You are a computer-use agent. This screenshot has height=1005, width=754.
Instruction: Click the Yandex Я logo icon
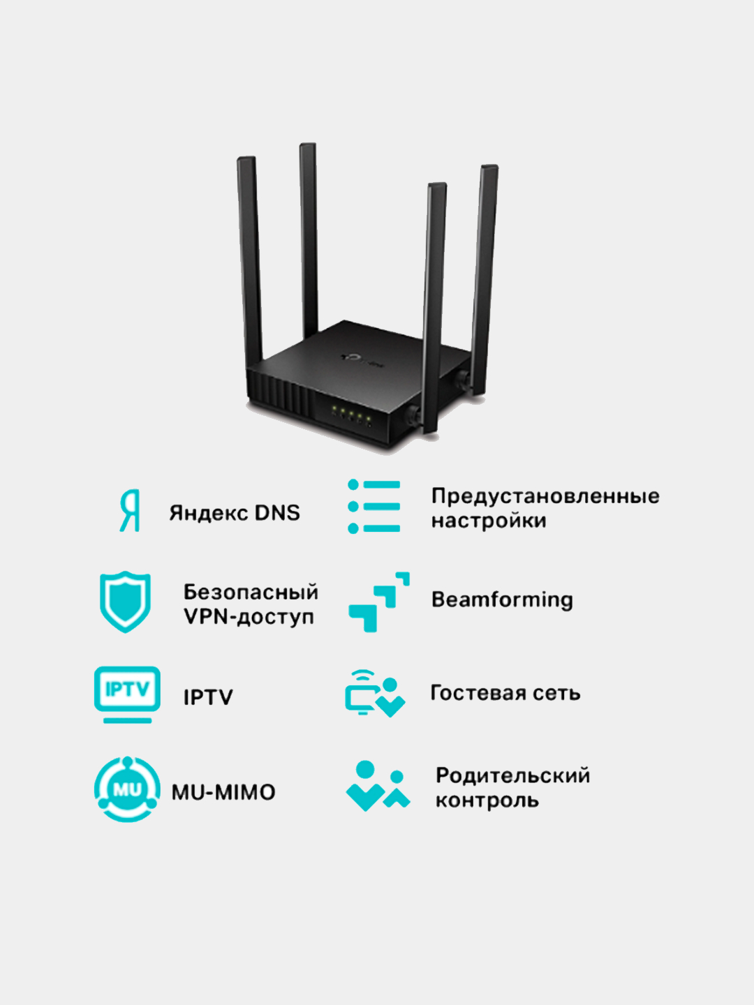(x=130, y=511)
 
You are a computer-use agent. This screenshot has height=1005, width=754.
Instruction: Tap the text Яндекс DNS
(x=235, y=513)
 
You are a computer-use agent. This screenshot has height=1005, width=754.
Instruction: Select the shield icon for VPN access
(x=125, y=602)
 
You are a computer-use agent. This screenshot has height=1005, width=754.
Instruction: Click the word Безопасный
(x=251, y=592)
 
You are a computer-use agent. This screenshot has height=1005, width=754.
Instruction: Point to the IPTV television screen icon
(x=127, y=694)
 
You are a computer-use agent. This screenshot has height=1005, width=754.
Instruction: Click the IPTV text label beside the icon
(x=208, y=697)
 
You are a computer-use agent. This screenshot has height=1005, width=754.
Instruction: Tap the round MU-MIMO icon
(x=127, y=789)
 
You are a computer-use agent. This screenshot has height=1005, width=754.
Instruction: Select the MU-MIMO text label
(x=223, y=792)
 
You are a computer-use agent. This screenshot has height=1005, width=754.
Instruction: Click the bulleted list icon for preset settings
(x=374, y=507)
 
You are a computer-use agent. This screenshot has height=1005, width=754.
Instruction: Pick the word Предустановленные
(x=545, y=496)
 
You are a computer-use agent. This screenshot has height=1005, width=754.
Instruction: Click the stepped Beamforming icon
(x=378, y=602)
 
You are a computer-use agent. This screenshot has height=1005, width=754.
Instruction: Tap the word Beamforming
(x=502, y=600)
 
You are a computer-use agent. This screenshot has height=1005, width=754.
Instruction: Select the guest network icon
(x=374, y=693)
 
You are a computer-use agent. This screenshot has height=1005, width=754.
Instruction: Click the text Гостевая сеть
(x=505, y=693)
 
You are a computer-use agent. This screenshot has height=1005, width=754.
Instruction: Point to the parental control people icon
(x=377, y=787)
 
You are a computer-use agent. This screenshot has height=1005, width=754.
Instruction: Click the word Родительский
(x=512, y=775)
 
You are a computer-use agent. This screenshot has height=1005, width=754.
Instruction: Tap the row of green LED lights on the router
(x=351, y=417)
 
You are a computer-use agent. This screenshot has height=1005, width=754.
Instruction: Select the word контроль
(x=487, y=801)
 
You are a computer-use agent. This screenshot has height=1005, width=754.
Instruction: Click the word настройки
(x=489, y=521)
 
